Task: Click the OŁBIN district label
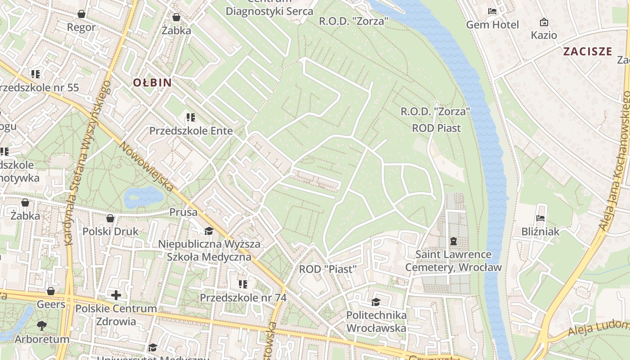[x=152, y=83]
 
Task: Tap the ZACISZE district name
[x=588, y=51]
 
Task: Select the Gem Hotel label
[x=492, y=25]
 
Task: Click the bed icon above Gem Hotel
[x=492, y=11]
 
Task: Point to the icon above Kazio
[x=544, y=22]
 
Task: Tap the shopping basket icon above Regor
[x=81, y=14]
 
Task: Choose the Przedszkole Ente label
[x=191, y=131]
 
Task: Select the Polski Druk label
[x=111, y=231]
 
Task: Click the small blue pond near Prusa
[x=144, y=197]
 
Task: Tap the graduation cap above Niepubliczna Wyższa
[x=209, y=231]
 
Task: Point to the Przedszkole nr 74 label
[x=243, y=297]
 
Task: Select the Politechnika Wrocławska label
[x=376, y=321]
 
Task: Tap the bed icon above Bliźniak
[x=540, y=218]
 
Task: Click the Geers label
[x=51, y=304]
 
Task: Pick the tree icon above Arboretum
[x=42, y=325]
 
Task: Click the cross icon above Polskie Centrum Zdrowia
[x=116, y=295]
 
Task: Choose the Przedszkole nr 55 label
[x=40, y=87]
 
